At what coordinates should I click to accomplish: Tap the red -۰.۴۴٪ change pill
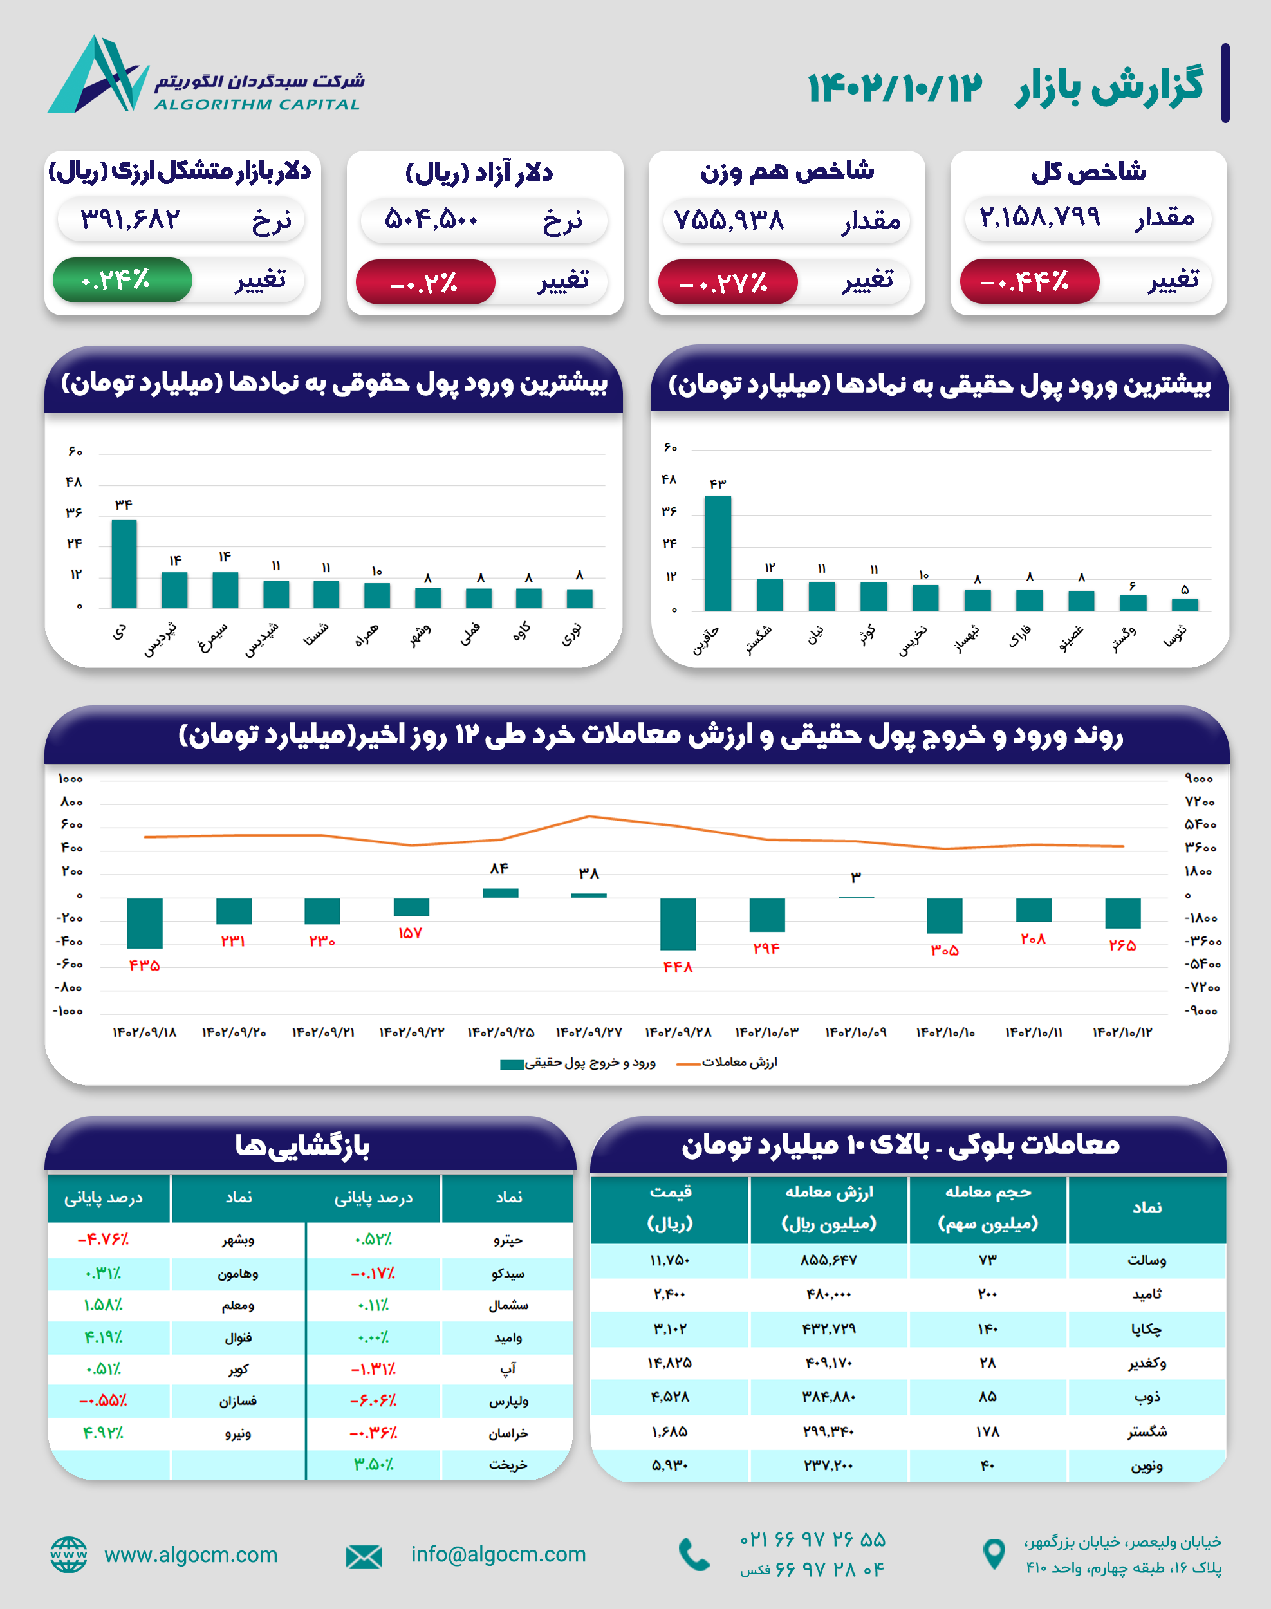pyautogui.click(x=1028, y=282)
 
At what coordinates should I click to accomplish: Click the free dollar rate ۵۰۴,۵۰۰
pyautogui.click(x=431, y=220)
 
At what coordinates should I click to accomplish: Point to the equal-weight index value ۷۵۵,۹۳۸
pyautogui.click(x=728, y=220)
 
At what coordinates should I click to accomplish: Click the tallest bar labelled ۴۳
pyautogui.click(x=718, y=553)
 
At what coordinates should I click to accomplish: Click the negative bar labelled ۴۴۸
pyautogui.click(x=677, y=924)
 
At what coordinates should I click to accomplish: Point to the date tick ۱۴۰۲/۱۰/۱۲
pyautogui.click(x=1122, y=1032)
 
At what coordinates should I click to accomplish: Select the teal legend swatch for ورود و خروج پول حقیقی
pyautogui.click(x=512, y=1065)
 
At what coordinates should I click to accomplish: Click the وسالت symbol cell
pyautogui.click(x=1146, y=1261)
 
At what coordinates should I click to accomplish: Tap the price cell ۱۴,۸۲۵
pyautogui.click(x=669, y=1363)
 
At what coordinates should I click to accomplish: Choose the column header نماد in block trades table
pyautogui.click(x=1146, y=1208)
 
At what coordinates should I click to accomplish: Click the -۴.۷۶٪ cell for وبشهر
pyautogui.click(x=104, y=1240)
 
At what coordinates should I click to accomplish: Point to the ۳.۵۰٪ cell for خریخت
pyautogui.click(x=373, y=1465)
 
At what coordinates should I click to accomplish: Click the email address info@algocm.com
pyautogui.click(x=498, y=1555)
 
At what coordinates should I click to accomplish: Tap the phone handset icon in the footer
pyautogui.click(x=694, y=1555)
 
